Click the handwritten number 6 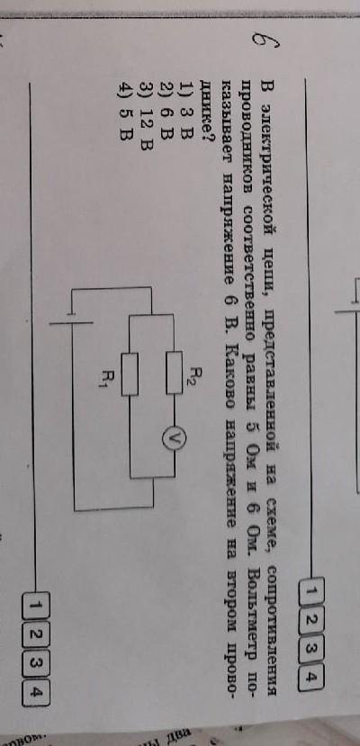pyautogui.click(x=266, y=43)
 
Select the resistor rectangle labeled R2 pyautogui.click(x=174, y=373)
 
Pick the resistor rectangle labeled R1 pyautogui.click(x=130, y=374)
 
